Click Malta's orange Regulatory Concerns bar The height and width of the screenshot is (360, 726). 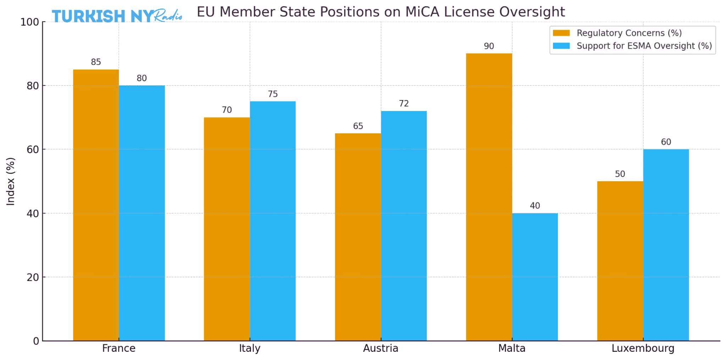pyautogui.click(x=489, y=197)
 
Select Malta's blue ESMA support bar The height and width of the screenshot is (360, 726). pyautogui.click(x=535, y=277)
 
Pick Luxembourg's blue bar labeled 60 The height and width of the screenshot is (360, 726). pyautogui.click(x=666, y=245)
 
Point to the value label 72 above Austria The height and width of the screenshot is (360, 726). pyautogui.click(x=404, y=104)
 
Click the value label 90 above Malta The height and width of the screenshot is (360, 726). pyautogui.click(x=489, y=46)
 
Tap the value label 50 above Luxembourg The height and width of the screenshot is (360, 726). pyautogui.click(x=620, y=174)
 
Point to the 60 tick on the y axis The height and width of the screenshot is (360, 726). pyautogui.click(x=33, y=149)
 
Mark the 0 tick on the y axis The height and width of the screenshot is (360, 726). pyautogui.click(x=36, y=341)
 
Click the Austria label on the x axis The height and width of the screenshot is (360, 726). pyautogui.click(x=380, y=348)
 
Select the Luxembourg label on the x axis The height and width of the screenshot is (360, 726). pyautogui.click(x=643, y=348)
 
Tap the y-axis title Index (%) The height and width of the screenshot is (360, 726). pyautogui.click(x=11, y=181)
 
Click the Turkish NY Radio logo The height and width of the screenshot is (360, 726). pyautogui.click(x=117, y=16)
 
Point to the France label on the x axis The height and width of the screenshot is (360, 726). pyautogui.click(x=118, y=348)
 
